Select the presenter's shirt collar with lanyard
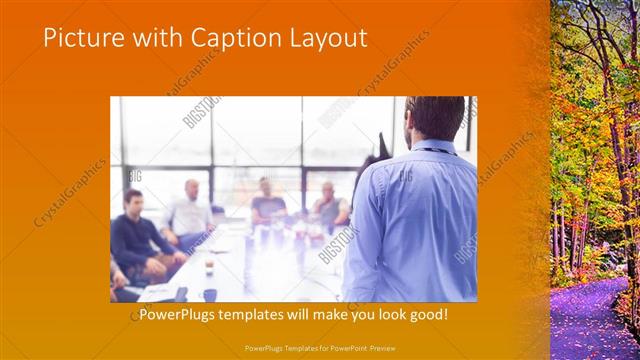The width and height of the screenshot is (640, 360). (432, 148)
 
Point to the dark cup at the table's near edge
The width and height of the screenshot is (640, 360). (209, 294)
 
